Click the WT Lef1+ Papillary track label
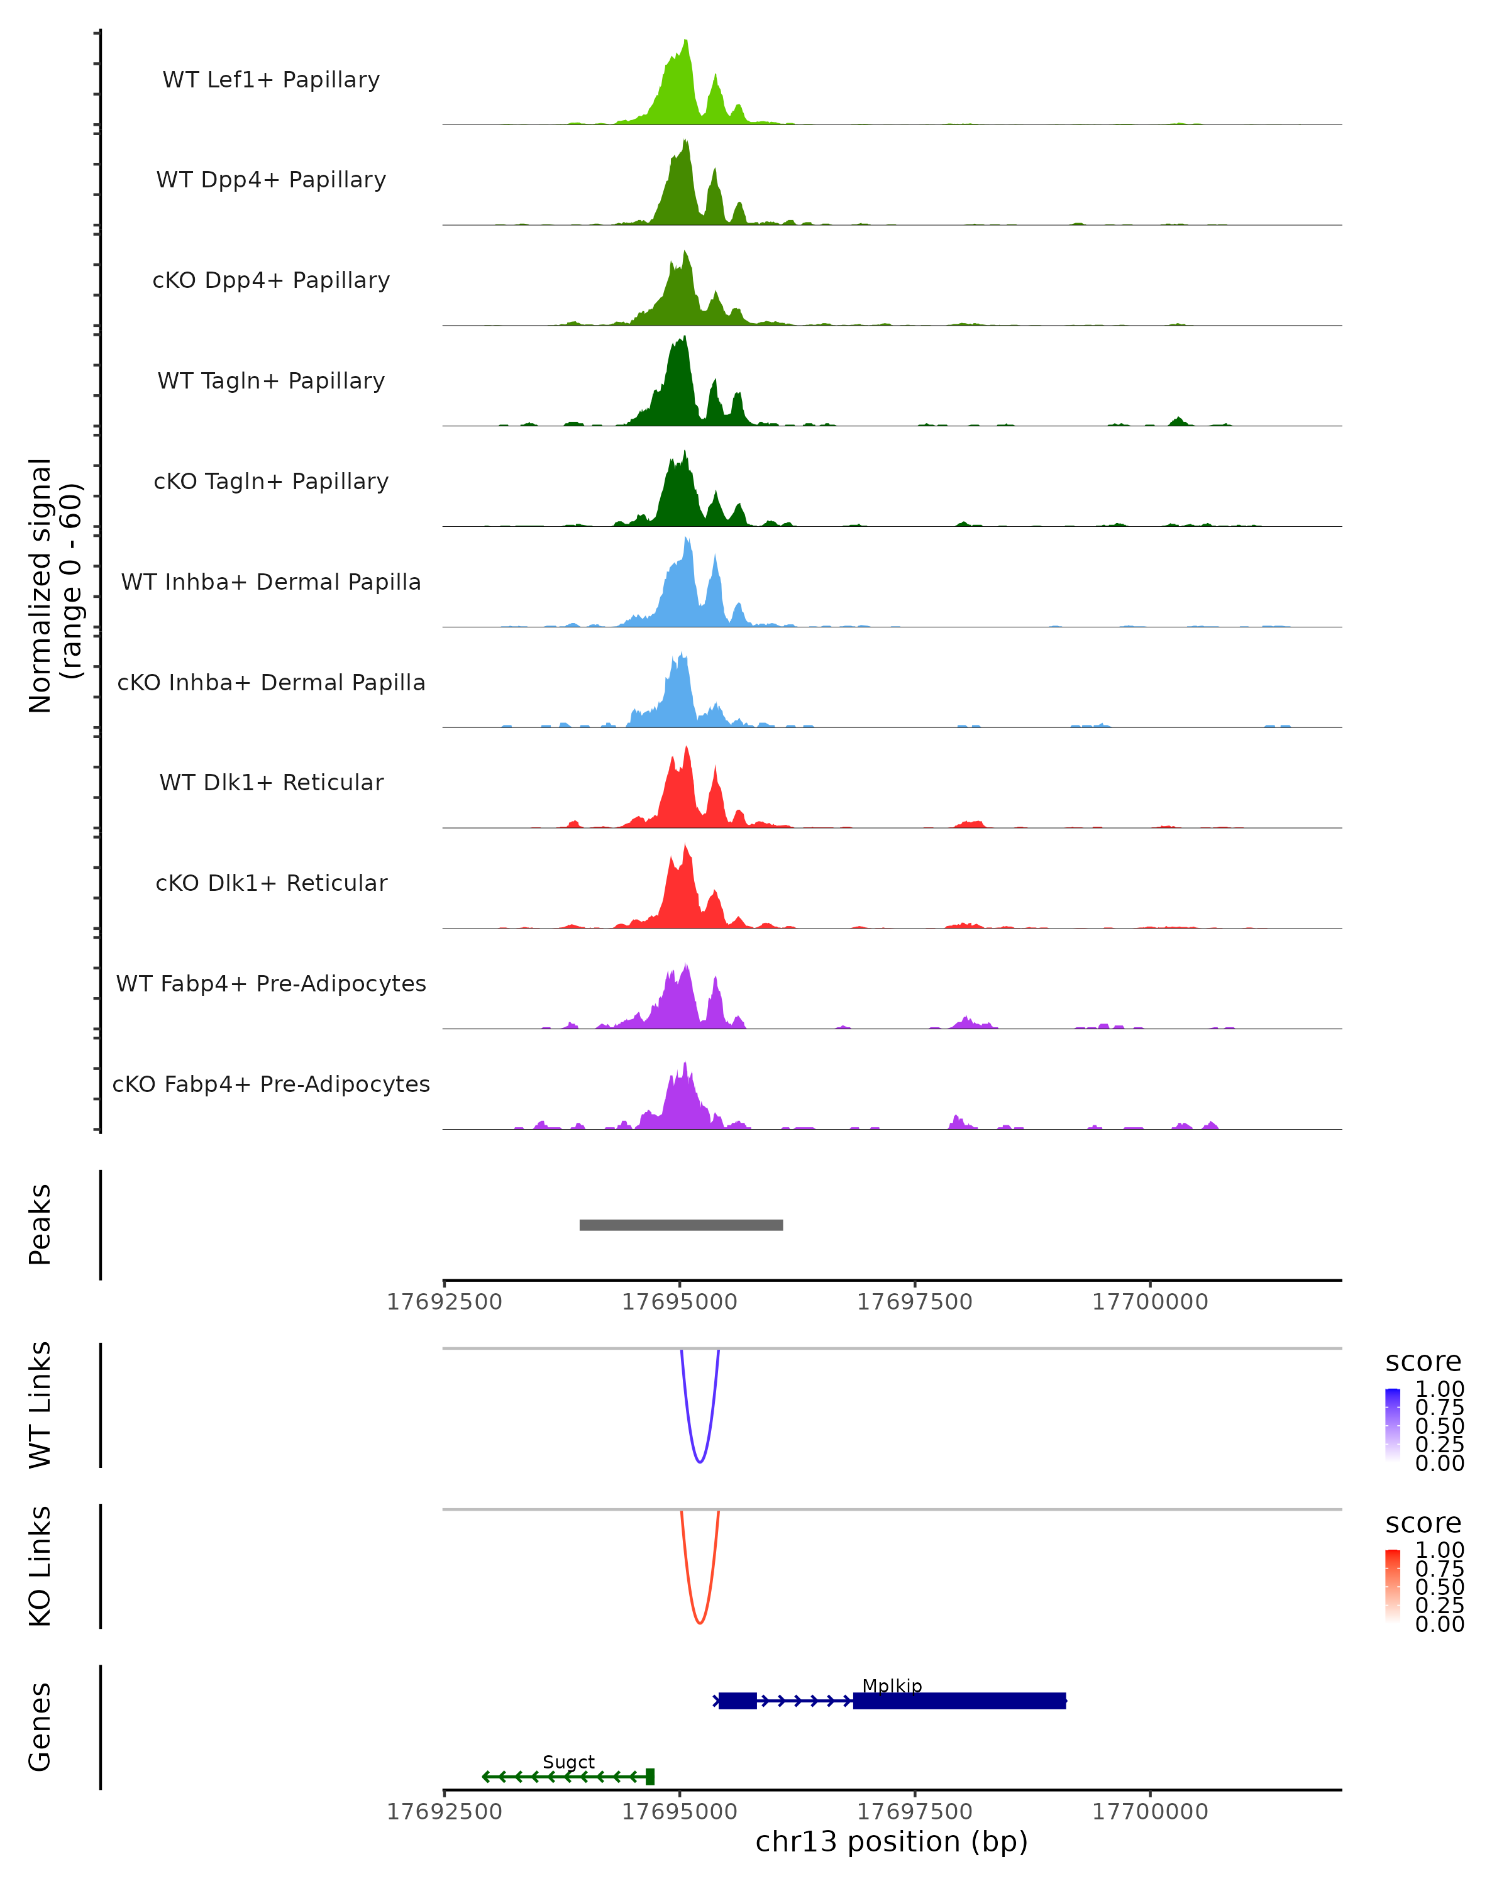271,80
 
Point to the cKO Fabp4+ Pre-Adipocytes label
271,1084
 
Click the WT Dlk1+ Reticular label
271,782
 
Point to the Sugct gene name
568,1762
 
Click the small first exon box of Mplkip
738,1701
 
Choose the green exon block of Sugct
650,1777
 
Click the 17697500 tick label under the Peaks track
914,1302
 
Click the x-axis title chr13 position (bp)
892,1842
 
